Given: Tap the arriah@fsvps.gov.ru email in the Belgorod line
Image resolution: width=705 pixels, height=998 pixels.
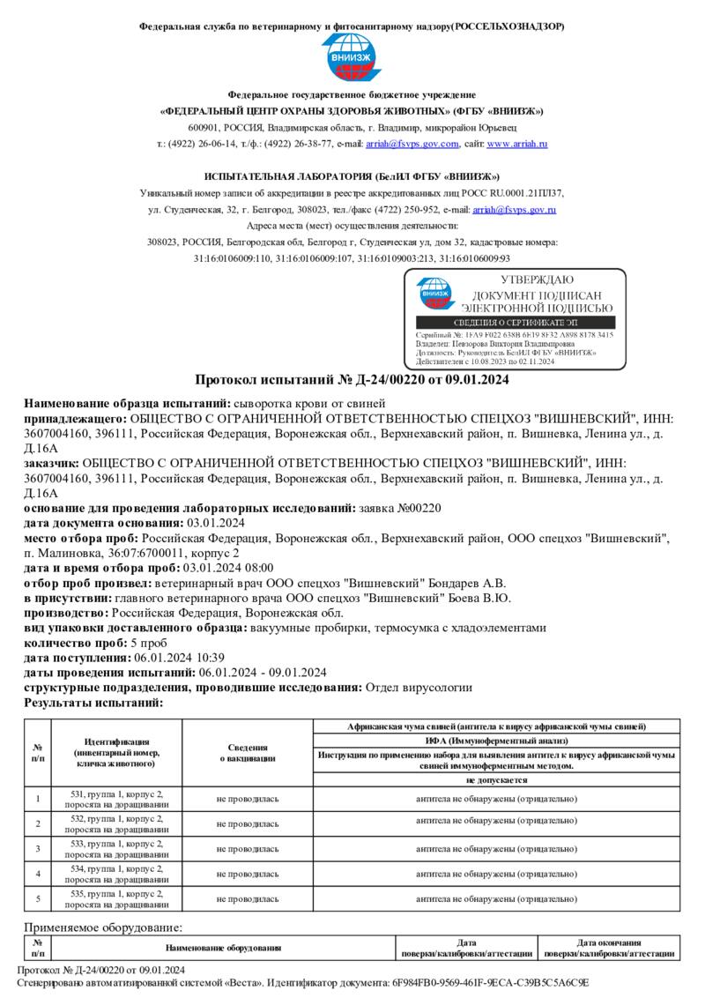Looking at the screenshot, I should click(x=514, y=210).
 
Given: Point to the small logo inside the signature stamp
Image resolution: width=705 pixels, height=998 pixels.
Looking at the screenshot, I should click(x=433, y=295).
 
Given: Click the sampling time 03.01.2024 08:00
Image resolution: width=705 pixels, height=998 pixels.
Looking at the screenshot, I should click(x=230, y=568).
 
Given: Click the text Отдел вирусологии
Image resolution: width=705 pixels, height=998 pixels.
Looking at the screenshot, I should click(x=419, y=687).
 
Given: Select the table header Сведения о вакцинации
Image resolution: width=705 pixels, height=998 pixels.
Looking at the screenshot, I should click(x=248, y=752).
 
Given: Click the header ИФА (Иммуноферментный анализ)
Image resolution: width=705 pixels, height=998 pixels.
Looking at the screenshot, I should click(x=496, y=741).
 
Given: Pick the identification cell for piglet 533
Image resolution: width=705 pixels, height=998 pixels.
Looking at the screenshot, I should click(x=116, y=848).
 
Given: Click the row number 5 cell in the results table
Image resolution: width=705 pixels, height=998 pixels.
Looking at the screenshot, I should click(x=38, y=898).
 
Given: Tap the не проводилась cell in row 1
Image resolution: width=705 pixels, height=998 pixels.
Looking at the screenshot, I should click(x=248, y=799).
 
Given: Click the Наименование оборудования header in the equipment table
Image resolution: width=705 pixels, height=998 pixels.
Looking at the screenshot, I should click(x=223, y=948).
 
